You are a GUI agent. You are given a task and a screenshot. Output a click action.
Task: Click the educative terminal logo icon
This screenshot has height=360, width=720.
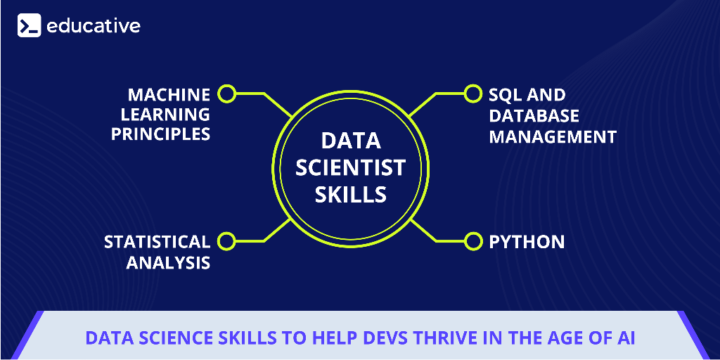30,25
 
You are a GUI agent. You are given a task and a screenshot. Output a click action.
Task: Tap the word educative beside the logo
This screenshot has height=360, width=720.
94,26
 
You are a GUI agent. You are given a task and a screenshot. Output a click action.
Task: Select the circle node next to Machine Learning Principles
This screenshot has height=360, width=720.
226,94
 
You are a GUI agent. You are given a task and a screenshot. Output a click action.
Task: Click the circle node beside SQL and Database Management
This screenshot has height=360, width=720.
472,94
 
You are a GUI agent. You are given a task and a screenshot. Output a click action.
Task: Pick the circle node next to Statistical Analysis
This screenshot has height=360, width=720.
226,241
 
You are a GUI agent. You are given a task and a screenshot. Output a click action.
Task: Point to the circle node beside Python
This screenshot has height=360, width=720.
472,241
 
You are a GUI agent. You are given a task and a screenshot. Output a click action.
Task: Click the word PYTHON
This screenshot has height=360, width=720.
527,242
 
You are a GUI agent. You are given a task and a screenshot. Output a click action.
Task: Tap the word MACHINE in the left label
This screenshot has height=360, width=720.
169,95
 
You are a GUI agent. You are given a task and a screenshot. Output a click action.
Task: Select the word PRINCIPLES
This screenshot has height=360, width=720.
161,134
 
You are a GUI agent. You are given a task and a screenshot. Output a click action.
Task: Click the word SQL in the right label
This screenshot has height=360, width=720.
504,95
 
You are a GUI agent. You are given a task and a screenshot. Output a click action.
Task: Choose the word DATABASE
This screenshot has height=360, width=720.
534,116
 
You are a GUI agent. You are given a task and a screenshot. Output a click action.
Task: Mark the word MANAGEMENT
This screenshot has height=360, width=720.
553,136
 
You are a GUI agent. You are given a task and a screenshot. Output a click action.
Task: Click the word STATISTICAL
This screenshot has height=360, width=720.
157,242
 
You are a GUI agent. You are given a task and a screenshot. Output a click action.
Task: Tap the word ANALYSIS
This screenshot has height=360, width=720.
169,263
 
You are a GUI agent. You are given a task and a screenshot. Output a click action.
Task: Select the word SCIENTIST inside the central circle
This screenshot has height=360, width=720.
350,167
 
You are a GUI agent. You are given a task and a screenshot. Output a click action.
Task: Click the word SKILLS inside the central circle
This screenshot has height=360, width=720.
350,194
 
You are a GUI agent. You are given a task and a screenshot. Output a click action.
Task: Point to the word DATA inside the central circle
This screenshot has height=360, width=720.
351,141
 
